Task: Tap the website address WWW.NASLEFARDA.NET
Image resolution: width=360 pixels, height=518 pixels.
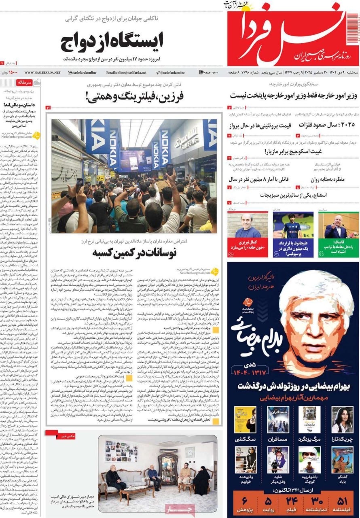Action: [x=42, y=72]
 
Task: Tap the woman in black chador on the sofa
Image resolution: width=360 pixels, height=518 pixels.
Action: [x=201, y=480]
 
